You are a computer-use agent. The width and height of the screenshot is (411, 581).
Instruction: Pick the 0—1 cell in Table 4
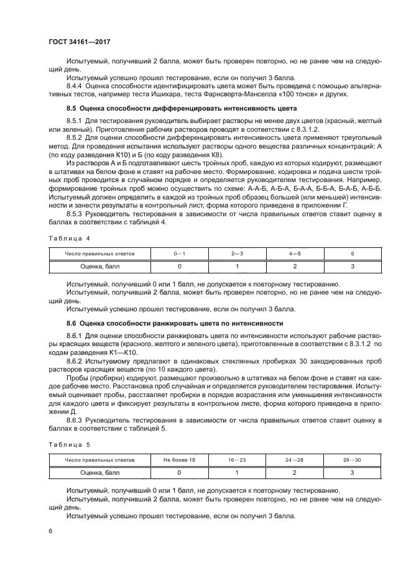click(179, 254)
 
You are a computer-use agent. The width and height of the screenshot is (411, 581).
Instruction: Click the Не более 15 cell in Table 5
click(179, 461)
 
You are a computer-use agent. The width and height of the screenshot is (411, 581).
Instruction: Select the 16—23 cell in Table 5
click(237, 461)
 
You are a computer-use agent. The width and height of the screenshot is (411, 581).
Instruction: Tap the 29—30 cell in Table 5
click(352, 461)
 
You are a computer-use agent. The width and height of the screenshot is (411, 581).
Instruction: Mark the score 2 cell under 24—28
click(295, 473)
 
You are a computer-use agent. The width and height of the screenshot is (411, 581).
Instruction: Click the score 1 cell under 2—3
click(237, 266)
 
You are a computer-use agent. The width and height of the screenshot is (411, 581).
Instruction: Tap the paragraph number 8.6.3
click(76, 423)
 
